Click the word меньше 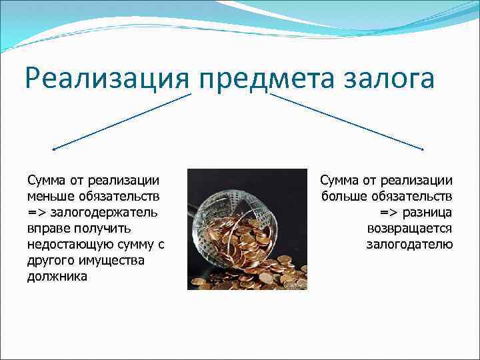click(x=53, y=196)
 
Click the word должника click(x=57, y=276)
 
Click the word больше click(x=347, y=196)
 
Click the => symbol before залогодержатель click(x=35, y=212)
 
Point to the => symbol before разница click(x=390, y=212)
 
